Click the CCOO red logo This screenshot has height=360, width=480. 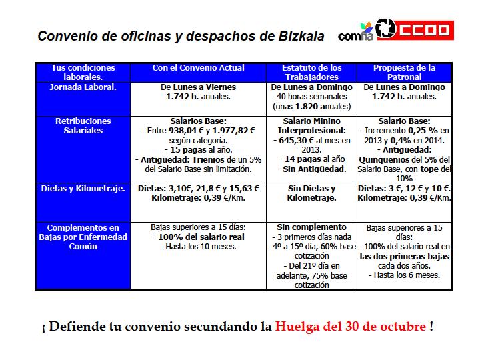coord(415,29)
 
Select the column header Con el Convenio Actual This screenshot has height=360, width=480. coord(199,68)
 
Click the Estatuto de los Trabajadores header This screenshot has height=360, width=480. coord(311,73)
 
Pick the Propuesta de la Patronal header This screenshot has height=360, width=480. coord(405,73)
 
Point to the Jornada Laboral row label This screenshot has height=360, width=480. coord(83,87)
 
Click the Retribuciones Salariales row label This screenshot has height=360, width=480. coord(83,126)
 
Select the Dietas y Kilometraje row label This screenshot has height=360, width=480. coord(83,189)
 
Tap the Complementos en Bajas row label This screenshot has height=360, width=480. coord(83,237)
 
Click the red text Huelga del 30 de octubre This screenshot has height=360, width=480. coord(351,327)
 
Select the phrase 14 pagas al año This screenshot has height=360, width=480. coord(311,159)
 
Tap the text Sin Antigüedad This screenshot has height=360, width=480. coord(311,169)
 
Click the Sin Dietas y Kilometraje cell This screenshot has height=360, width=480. coord(311,193)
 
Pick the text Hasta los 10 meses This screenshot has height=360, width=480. coord(197,247)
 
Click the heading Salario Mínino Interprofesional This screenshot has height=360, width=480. coord(311,126)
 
